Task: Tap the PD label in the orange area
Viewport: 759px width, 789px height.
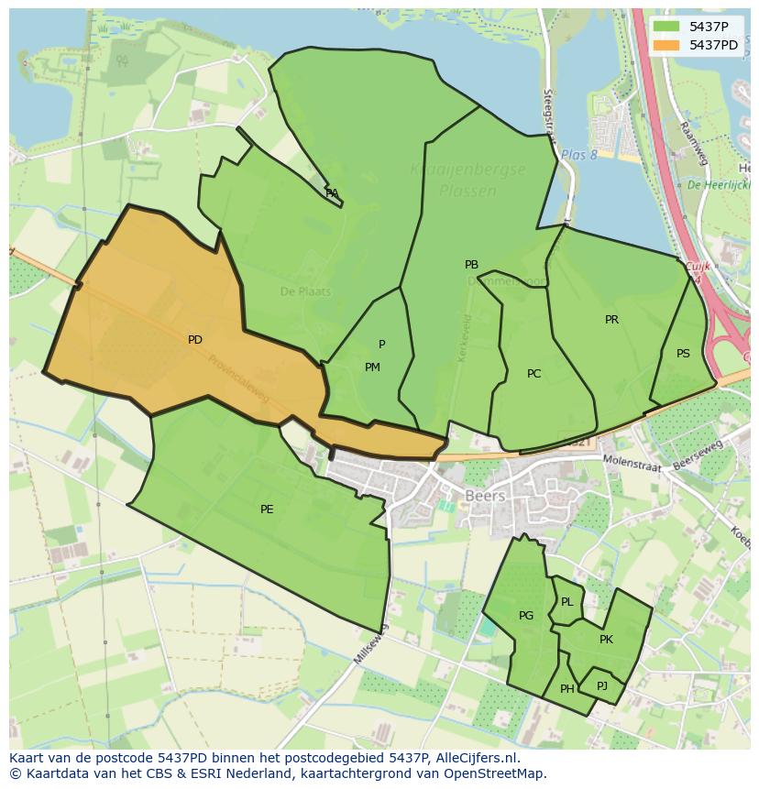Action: tap(194, 340)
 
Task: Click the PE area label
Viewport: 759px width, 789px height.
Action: tap(267, 510)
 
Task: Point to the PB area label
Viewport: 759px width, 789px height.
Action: tap(471, 265)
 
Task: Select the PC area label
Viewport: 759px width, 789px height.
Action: tap(533, 374)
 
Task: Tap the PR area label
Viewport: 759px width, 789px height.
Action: tap(611, 320)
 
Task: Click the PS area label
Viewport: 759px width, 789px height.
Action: tap(683, 354)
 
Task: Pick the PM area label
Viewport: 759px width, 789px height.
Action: tap(372, 367)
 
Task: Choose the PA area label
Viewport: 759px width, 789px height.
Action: tap(332, 193)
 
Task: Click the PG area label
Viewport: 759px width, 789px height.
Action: tap(525, 616)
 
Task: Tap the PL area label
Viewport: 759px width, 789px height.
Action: tap(566, 602)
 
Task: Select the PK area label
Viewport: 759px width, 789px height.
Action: tap(606, 640)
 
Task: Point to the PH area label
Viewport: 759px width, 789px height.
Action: tap(566, 689)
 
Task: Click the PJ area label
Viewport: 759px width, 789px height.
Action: tap(601, 685)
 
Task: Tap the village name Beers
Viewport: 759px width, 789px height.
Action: tap(485, 496)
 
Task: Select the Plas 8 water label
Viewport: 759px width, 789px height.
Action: tap(578, 155)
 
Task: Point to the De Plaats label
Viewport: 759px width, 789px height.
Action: tap(305, 291)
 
